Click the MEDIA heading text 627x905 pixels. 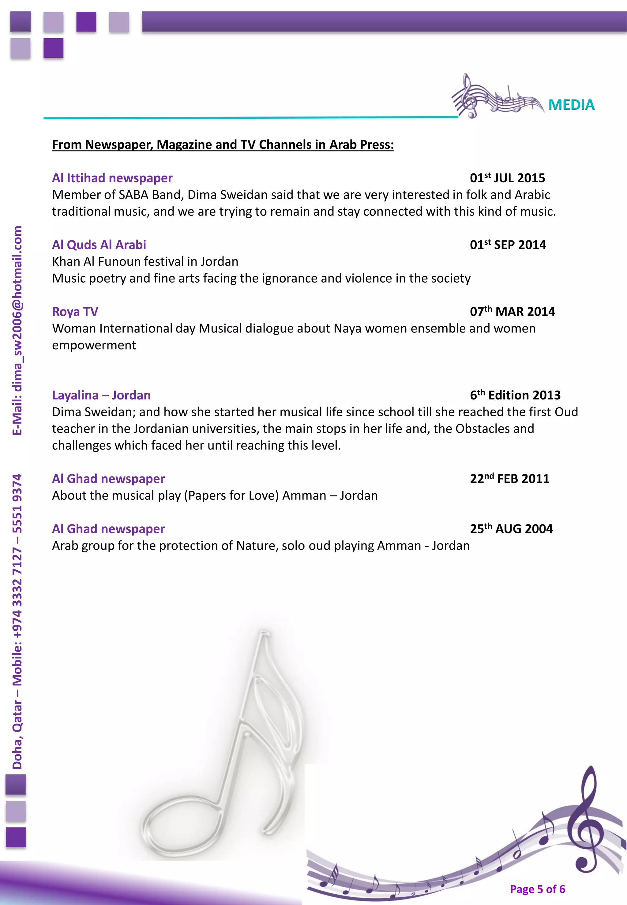[571, 105]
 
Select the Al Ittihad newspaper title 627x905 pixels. [112, 178]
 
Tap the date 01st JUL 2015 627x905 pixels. [507, 178]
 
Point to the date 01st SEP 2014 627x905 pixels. [508, 245]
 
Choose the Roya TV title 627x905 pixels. [75, 312]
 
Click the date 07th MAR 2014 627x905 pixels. [512, 312]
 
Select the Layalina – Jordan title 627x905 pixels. [101, 395]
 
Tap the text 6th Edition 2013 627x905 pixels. [515, 395]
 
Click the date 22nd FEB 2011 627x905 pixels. [509, 479]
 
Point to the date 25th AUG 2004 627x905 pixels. [511, 529]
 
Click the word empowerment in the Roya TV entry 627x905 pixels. [94, 345]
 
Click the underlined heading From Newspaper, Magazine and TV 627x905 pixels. [223, 145]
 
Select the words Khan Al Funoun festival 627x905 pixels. [118, 262]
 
